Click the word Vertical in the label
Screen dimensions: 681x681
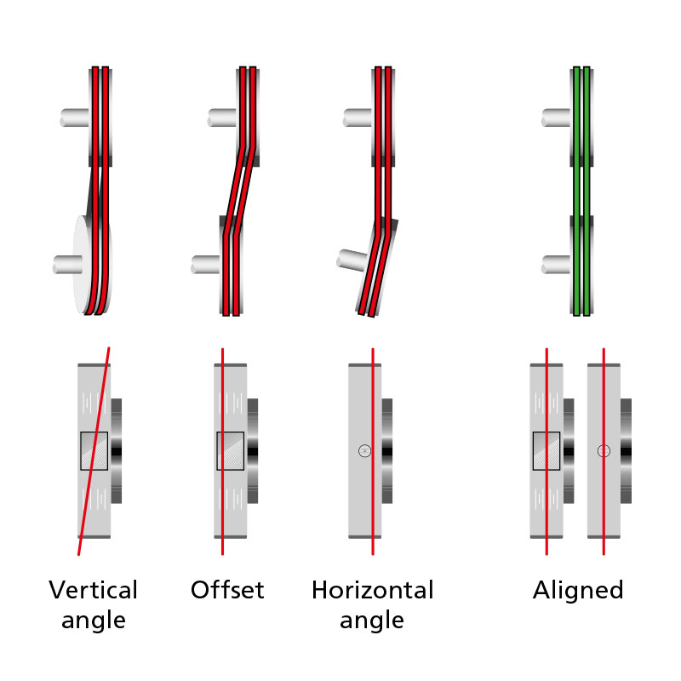(93, 590)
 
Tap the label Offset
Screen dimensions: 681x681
(227, 590)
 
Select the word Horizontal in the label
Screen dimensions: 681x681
(372, 590)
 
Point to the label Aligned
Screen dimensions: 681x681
(578, 590)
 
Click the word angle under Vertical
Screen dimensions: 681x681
(93, 621)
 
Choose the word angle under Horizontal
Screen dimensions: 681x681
(372, 621)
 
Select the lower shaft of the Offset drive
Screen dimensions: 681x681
(208, 265)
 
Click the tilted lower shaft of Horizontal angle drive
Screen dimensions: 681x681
(352, 258)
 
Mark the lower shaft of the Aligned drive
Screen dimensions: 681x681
(557, 265)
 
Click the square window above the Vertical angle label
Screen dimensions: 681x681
(94, 450)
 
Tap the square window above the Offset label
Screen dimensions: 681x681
(230, 450)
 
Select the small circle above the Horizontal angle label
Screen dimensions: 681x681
(364, 450)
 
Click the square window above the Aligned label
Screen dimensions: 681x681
(546, 450)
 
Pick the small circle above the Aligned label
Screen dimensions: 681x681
(604, 450)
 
